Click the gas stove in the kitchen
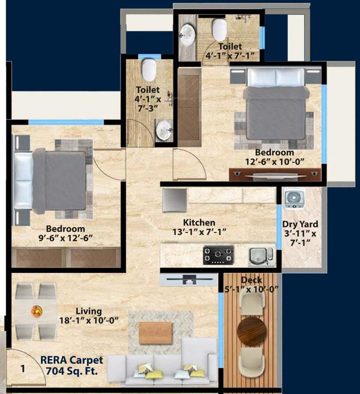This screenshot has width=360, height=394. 218,254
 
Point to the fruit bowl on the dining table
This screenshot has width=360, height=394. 36,311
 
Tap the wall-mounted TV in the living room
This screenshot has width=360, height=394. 188,280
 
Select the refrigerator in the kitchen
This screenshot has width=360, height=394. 174,200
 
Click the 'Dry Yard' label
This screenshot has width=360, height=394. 300,224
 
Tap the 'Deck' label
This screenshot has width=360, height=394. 251,280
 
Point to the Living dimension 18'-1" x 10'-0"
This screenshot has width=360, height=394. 89,321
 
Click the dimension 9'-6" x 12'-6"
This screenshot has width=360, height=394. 65,238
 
